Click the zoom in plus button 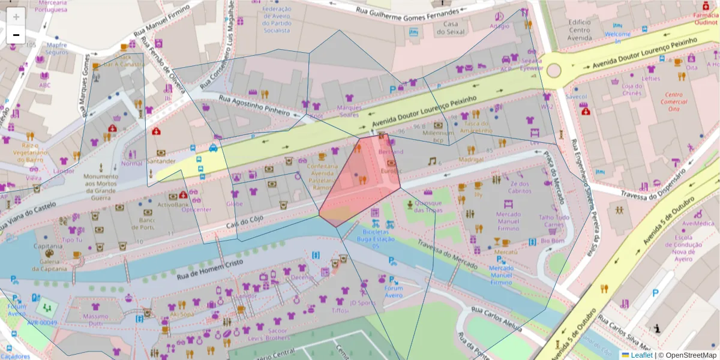pos(16,16)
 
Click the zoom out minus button pos(16,35)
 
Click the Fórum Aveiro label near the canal pos(393,291)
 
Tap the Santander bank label pos(161,161)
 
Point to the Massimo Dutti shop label pos(95,320)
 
